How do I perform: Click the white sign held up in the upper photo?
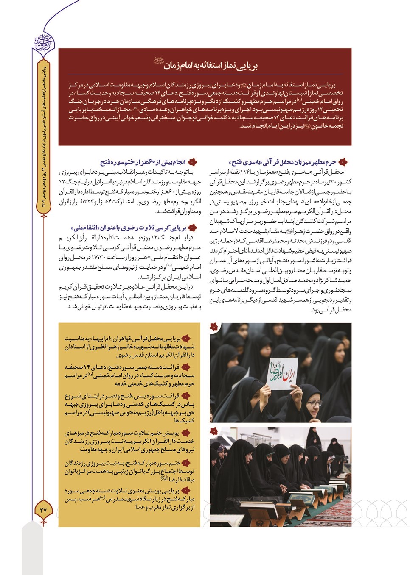[283, 373]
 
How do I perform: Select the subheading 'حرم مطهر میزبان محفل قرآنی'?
[284, 162]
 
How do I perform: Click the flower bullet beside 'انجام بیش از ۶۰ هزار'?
[192, 162]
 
